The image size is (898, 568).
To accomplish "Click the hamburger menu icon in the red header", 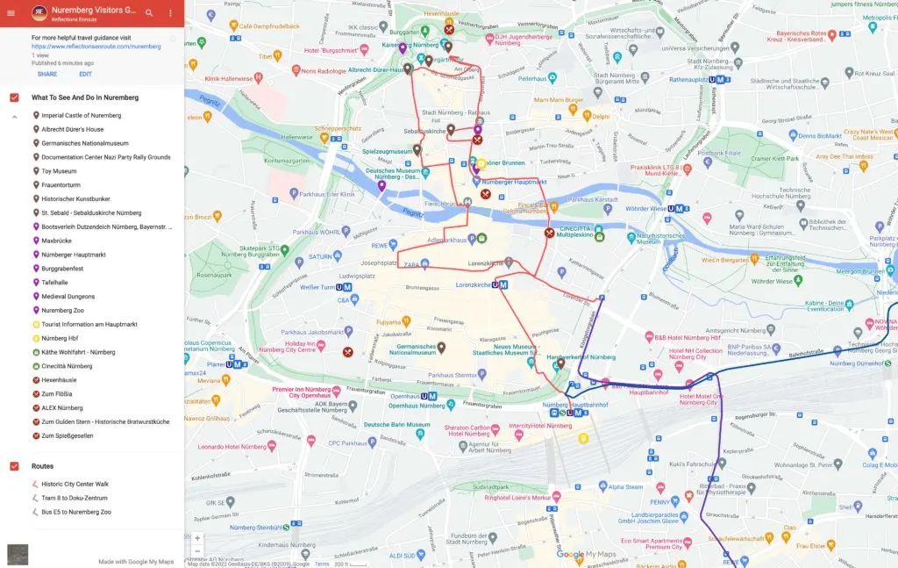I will [11, 13].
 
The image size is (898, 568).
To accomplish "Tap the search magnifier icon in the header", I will [149, 13].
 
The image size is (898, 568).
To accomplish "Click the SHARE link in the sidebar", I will [47, 75].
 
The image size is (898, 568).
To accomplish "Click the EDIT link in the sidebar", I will [85, 75].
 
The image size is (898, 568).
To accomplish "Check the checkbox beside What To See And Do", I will [14, 97].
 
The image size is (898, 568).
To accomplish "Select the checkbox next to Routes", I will [14, 466].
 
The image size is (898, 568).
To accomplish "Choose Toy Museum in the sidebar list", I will [59, 171].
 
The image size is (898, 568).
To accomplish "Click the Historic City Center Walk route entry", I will [75, 484].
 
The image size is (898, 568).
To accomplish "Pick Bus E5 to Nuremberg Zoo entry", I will [76, 512].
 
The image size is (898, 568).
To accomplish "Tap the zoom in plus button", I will [197, 537].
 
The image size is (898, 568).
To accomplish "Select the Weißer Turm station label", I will [319, 287].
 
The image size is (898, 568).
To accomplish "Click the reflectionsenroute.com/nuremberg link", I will [96, 47].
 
